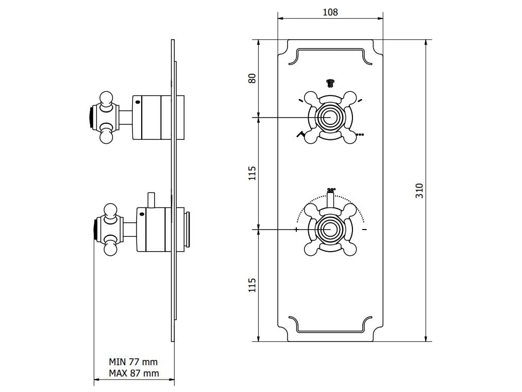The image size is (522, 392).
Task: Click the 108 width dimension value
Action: click(x=330, y=12)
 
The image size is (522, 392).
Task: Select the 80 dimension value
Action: click(x=252, y=79)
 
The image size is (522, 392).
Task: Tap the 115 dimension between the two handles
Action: click(x=252, y=173)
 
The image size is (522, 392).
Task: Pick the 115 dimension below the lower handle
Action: click(x=252, y=285)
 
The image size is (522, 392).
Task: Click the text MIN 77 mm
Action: click(x=133, y=362)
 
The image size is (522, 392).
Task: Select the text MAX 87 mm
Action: click(x=133, y=373)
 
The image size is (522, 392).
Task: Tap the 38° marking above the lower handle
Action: click(x=331, y=190)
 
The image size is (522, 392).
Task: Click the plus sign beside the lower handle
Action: click(x=297, y=229)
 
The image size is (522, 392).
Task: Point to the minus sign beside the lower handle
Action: click(x=364, y=229)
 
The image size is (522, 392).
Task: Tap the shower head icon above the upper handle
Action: click(x=330, y=81)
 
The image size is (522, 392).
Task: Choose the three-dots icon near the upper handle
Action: click(x=360, y=135)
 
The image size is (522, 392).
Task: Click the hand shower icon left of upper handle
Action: click(x=300, y=135)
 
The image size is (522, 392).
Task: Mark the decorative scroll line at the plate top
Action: click(x=330, y=50)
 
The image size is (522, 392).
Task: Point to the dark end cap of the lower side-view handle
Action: click(x=95, y=229)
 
